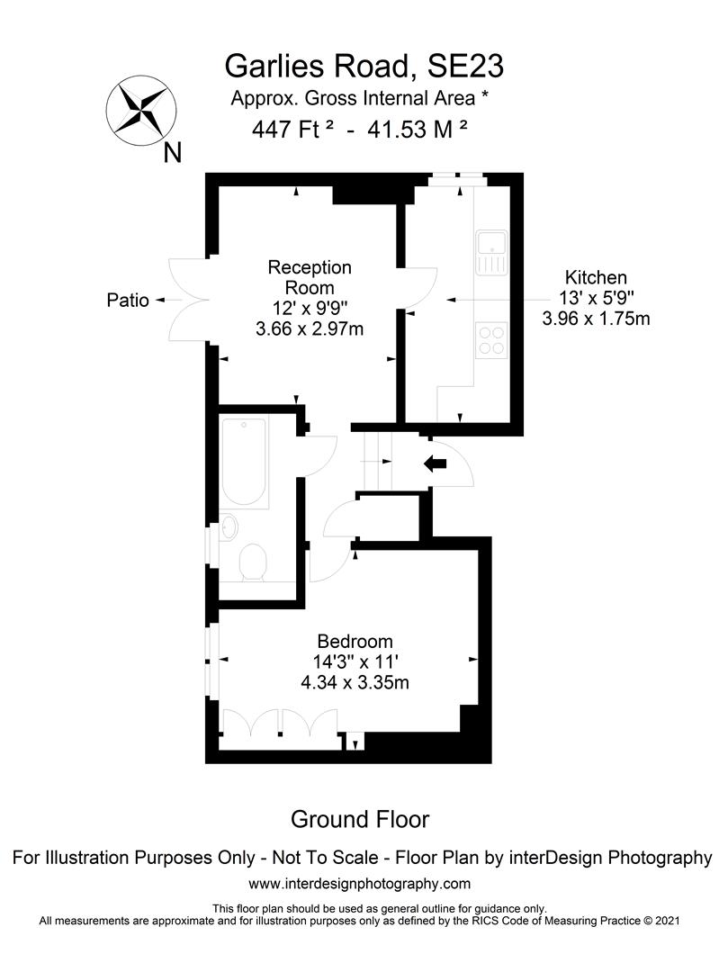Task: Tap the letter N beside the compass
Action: pyautogui.click(x=172, y=153)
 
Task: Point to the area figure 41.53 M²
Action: pyautogui.click(x=418, y=130)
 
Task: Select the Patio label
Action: pyautogui.click(x=127, y=301)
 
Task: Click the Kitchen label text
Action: pyautogui.click(x=595, y=277)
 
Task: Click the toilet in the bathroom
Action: pyautogui.click(x=253, y=562)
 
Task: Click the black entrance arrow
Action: pyautogui.click(x=436, y=463)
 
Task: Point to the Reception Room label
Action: pyautogui.click(x=310, y=278)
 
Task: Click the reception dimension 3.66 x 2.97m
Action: pyautogui.click(x=310, y=328)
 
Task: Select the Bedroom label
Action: pyautogui.click(x=355, y=642)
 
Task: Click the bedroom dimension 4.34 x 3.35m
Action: pyautogui.click(x=355, y=683)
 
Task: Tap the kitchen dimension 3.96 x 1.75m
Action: pyautogui.click(x=595, y=318)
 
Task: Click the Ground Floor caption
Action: pyautogui.click(x=359, y=820)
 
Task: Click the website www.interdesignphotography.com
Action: pyautogui.click(x=359, y=884)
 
